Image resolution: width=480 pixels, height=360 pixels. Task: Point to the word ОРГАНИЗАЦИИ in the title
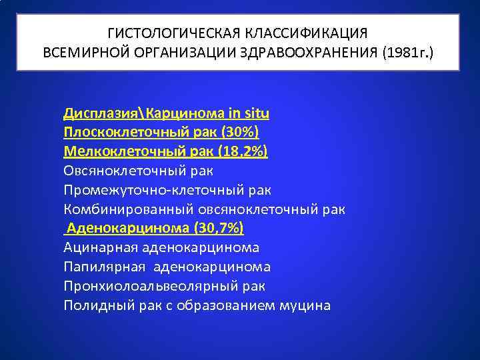pyautogui.click(x=171, y=52)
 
